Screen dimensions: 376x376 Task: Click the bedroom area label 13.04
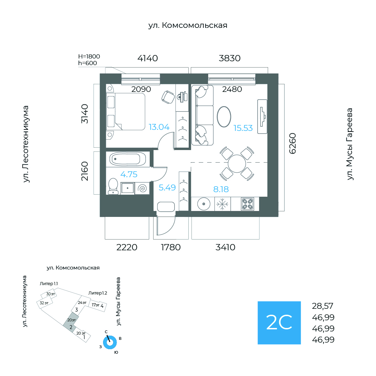pos(159,127)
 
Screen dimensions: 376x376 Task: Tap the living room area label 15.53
pos(243,128)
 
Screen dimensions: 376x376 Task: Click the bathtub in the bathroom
pos(125,159)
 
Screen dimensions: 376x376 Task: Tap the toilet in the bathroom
pos(113,186)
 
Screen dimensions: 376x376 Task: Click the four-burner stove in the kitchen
pos(249,204)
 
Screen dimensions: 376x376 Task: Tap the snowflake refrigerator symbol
pos(222,204)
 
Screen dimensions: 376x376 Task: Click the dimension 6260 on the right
pos(292,143)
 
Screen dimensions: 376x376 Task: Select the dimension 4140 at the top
pos(148,58)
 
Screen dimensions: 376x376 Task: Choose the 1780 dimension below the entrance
pos(171,248)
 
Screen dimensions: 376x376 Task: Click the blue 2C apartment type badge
pos(279,323)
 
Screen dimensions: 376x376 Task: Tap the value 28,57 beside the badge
pos(323,306)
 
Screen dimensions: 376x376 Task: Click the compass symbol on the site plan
pos(110,342)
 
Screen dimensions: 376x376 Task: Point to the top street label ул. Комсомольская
pos(188,25)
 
